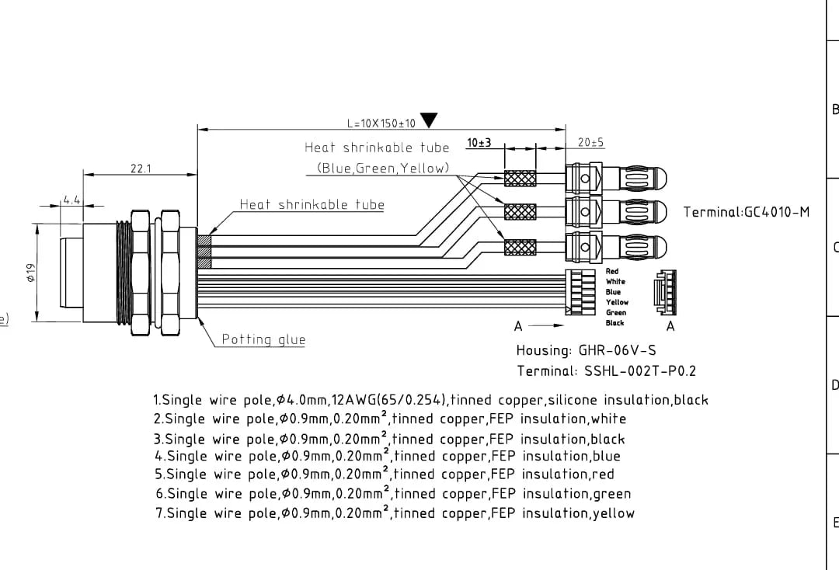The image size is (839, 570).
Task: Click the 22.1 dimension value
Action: coord(141,168)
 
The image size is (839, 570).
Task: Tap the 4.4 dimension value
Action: coord(71,200)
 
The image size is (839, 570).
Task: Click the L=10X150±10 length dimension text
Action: coord(381,123)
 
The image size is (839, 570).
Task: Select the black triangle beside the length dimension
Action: coord(429,120)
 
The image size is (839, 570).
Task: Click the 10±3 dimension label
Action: coord(479,143)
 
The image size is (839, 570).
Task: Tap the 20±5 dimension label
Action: coord(591,143)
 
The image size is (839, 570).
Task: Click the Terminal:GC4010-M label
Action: coord(746,212)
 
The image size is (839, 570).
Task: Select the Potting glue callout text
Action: coord(263,339)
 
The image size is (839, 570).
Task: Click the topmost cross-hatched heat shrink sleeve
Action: coord(520,179)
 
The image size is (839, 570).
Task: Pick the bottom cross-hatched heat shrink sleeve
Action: coord(520,247)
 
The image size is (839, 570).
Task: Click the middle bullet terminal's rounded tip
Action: coord(659,211)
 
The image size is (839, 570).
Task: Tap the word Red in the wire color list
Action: coord(612,271)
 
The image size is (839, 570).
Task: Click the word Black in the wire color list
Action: coord(614,323)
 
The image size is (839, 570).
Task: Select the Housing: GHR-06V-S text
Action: coord(586,350)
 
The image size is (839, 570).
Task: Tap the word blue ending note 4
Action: coord(606,456)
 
